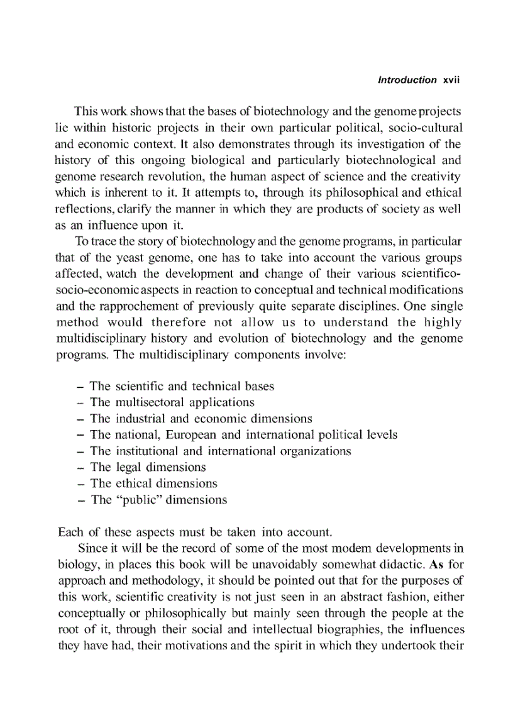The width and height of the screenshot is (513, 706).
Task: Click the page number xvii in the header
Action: point(452,80)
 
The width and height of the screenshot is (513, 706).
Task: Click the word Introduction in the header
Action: point(407,80)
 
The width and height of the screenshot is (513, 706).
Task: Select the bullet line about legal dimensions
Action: point(148,468)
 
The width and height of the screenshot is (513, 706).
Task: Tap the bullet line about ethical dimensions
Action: point(153,484)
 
